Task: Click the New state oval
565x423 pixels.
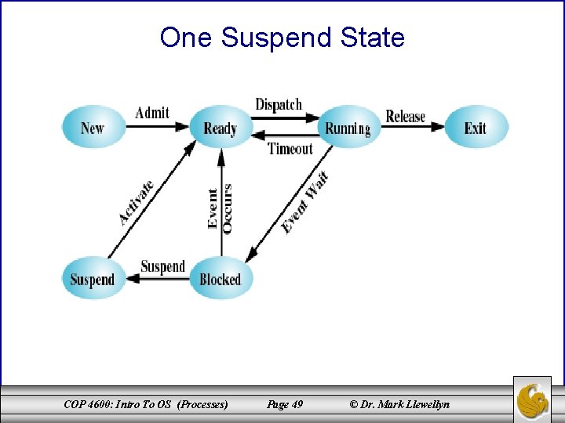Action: pos(93,128)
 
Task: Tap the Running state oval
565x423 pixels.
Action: pos(348,128)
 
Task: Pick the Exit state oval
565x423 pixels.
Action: pos(476,128)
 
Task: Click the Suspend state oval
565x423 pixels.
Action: pos(93,279)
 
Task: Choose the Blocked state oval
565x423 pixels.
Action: pos(221,279)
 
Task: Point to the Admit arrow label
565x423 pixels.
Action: pos(152,113)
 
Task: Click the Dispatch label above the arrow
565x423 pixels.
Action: pos(279,104)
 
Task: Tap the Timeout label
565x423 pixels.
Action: pos(290,148)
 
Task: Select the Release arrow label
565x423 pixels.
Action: pos(406,116)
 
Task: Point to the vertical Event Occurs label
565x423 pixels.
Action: pos(220,207)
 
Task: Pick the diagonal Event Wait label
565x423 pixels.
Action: pos(305,202)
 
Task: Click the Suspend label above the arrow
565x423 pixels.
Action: pos(162,266)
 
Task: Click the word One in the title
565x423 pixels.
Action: pos(186,37)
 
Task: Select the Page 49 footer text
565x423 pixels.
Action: pos(285,404)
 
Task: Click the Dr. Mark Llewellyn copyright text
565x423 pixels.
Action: pos(400,404)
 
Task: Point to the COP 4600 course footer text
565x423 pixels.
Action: pos(147,404)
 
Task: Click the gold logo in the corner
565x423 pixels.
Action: pos(533,399)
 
